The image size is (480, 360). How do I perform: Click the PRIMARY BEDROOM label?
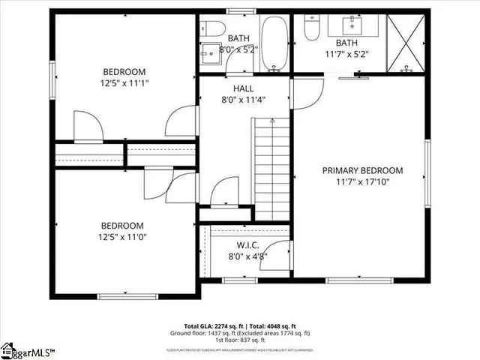coord(362,170)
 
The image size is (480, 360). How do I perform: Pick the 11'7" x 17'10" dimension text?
coord(362,181)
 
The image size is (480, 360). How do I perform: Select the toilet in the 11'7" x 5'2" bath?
coord(313,27)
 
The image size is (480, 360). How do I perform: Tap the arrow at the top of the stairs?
coord(271,120)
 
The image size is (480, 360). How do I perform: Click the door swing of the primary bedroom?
coord(304,93)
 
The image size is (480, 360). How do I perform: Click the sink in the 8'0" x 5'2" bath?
coord(208,55)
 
